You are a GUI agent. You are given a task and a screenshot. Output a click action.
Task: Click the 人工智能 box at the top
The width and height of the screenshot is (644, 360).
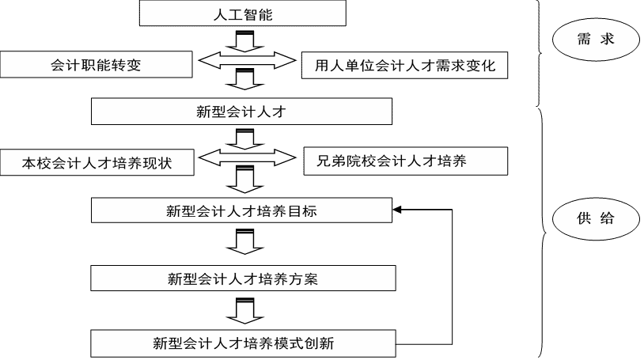click(243, 13)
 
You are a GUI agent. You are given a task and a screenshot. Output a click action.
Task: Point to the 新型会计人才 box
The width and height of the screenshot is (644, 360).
click(241, 112)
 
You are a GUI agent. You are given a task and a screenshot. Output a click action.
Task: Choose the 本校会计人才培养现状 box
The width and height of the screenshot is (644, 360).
click(97, 163)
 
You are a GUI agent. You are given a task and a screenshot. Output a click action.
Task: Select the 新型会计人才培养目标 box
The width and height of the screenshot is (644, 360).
click(242, 211)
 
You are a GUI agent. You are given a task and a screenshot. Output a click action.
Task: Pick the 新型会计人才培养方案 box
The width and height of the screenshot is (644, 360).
click(242, 279)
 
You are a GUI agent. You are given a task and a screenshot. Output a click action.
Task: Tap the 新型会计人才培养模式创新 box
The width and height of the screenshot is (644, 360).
click(242, 343)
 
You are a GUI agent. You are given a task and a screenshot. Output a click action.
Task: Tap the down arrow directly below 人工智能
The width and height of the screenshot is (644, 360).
click(246, 40)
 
